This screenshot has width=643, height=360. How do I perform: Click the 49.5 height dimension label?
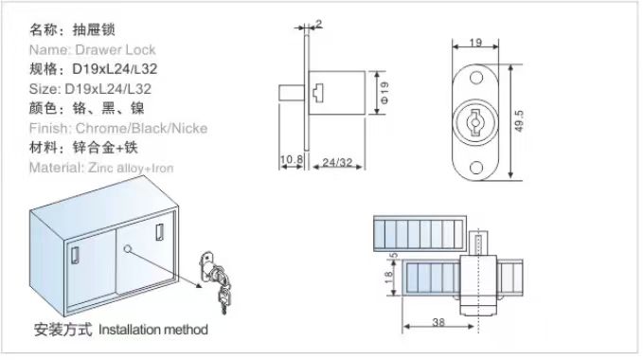tap(519, 121)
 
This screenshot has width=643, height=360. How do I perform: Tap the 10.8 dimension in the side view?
tap(291, 159)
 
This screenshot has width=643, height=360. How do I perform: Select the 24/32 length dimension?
tap(337, 162)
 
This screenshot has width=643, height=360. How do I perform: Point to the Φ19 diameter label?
tap(384, 92)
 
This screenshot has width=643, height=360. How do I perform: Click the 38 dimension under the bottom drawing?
tap(438, 322)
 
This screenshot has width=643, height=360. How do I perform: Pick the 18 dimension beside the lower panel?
tap(389, 278)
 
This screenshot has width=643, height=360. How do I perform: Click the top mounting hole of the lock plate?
tap(475, 78)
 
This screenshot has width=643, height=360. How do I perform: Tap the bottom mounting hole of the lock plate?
tap(475, 168)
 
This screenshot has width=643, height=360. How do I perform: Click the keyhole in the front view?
tap(475, 122)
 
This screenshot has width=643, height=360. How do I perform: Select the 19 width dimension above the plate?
tap(475, 43)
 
